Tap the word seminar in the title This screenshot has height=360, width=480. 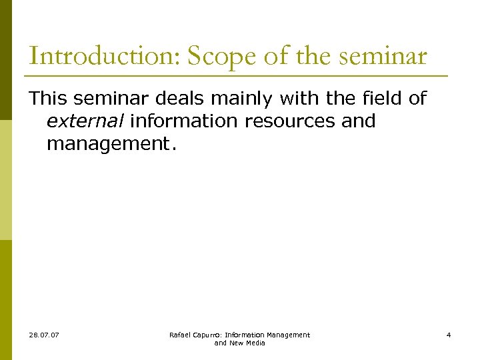[x=383, y=57]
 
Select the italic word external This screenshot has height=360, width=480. [x=85, y=121]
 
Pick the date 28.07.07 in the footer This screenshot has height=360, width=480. [x=44, y=335]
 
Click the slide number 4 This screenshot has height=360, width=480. [x=449, y=335]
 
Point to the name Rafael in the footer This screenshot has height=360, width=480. [x=181, y=335]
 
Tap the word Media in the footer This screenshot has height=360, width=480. [x=255, y=343]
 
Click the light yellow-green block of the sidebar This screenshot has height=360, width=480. [x=5, y=180]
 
